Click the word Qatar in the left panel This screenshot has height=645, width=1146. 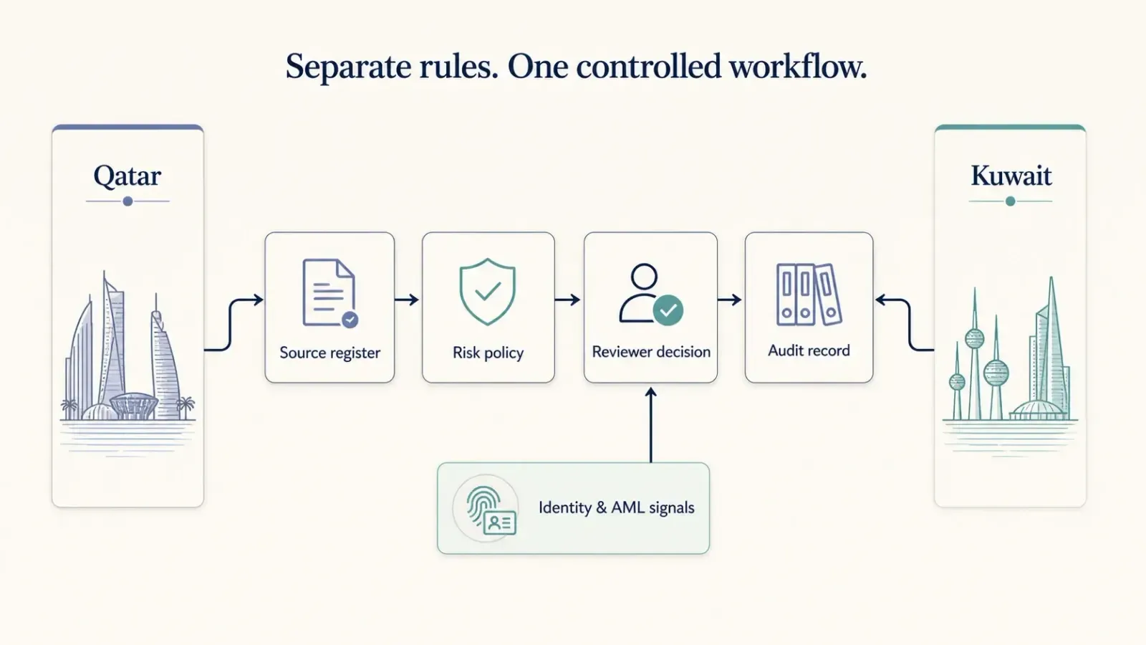[127, 176]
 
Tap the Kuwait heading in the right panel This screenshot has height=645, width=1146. [1011, 176]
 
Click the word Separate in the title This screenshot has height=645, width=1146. [348, 67]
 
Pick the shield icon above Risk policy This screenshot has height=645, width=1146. [488, 292]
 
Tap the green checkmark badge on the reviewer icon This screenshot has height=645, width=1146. [668, 310]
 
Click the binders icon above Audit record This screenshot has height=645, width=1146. [809, 295]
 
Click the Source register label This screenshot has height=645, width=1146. [330, 353]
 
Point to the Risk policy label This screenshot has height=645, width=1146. [488, 353]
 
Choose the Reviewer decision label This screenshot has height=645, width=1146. [651, 352]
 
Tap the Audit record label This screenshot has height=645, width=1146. [809, 350]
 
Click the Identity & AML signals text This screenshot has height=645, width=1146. [617, 507]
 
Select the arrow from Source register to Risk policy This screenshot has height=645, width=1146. [408, 300]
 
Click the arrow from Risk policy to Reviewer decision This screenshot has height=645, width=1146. [568, 300]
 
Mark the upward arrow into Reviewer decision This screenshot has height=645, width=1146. [651, 425]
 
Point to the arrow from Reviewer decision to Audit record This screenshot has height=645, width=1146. [730, 300]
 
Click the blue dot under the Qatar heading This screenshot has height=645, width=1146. [128, 201]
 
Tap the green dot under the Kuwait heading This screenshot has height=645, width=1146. [1011, 201]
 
